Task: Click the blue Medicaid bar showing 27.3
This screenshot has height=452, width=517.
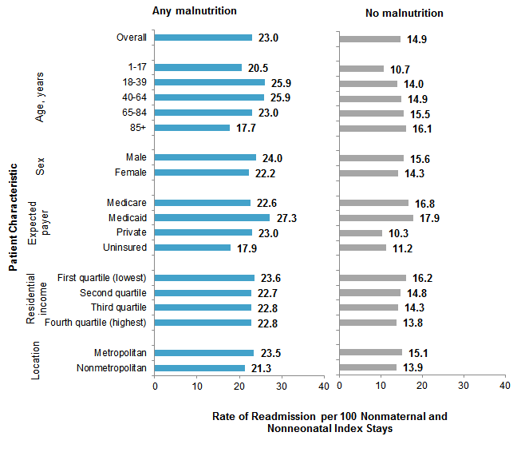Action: [x=212, y=217]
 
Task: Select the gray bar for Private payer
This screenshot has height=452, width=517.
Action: [x=361, y=232]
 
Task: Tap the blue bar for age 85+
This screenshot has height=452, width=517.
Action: [x=191, y=128]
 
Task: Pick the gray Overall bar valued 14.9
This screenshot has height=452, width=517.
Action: [x=370, y=38]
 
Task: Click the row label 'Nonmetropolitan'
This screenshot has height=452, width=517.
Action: [x=112, y=368]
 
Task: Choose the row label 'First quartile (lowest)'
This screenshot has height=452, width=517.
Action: [x=102, y=278]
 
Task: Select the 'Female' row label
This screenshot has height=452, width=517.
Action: [x=130, y=172]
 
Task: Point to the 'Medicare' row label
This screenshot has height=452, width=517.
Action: [x=126, y=203]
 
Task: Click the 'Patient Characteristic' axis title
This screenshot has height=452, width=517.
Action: [x=14, y=218]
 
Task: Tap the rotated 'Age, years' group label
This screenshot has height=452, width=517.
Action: [x=40, y=97]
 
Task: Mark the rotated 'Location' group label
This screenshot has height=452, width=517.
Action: [x=37, y=361]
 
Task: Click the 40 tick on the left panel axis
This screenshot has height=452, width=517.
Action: [x=323, y=386]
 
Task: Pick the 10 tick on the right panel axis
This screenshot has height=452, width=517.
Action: [x=381, y=386]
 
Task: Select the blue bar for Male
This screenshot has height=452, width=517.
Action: [x=205, y=157]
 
